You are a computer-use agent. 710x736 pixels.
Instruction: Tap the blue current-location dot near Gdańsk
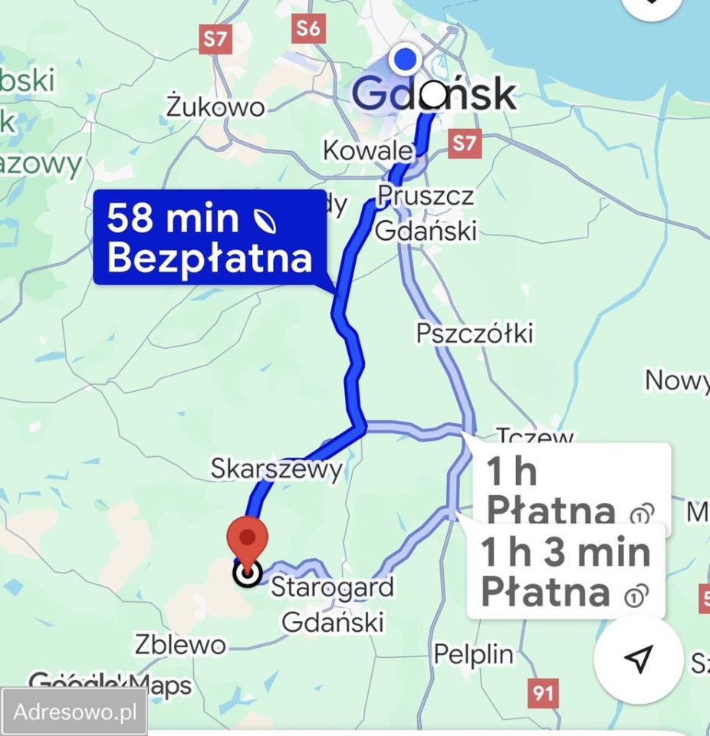[403, 59]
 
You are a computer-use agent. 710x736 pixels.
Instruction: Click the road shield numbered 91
[542, 693]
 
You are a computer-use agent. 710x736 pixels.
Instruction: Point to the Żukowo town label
[216, 107]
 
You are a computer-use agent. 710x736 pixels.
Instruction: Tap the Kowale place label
[368, 149]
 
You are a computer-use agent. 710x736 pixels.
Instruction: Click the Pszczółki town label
[474, 333]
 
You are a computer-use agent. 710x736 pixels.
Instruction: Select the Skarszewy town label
[277, 468]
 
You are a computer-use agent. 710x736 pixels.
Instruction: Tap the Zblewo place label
[180, 645]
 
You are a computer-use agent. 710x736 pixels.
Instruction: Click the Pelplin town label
[473, 654]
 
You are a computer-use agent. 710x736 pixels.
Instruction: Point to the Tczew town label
[535, 438]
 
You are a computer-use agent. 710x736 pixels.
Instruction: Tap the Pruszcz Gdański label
[426, 212]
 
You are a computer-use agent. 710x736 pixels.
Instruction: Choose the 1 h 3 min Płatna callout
[566, 572]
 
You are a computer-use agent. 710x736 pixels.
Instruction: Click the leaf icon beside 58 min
[265, 221]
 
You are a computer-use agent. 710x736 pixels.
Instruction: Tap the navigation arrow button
[638, 657]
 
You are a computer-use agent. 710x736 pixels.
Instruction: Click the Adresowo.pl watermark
[74, 712]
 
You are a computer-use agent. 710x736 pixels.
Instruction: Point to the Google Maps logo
[110, 684]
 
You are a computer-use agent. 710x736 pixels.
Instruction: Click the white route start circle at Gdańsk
[433, 95]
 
